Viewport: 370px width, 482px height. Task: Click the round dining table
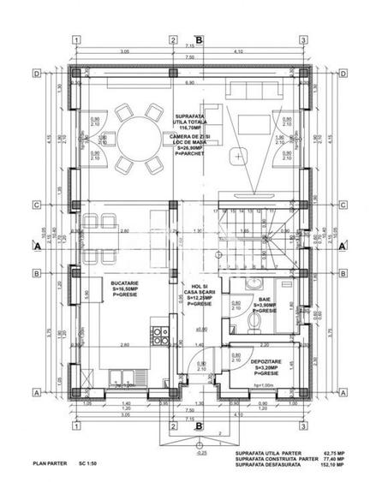pos(136,136)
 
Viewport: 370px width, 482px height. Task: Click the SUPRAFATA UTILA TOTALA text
pos(198,116)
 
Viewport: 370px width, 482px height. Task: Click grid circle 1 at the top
pos(76,40)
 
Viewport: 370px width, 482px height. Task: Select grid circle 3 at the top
pos(303,40)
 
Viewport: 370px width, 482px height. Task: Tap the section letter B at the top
pos(199,39)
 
